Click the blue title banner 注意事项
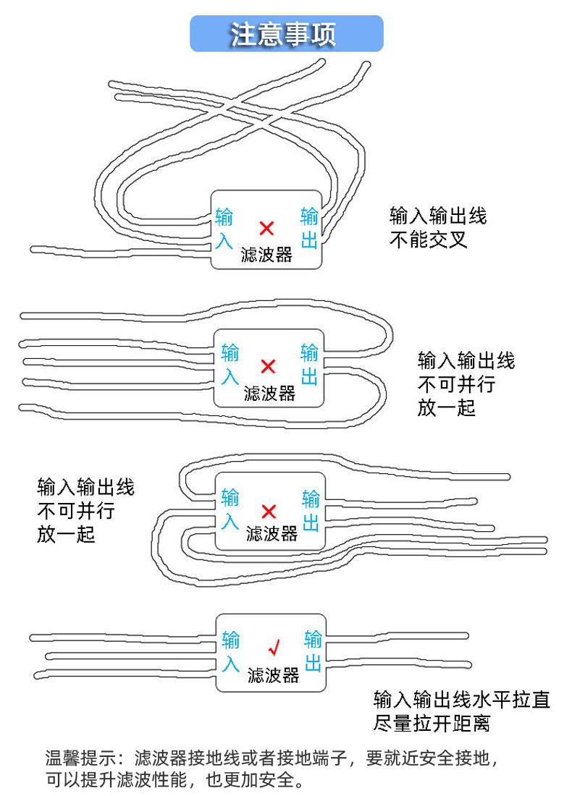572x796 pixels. coord(286,34)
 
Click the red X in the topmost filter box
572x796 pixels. coord(266,229)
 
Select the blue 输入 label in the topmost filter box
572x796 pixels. coord(224,228)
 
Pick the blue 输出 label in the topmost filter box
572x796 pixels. coord(310,228)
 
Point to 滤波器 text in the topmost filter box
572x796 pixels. coord(266,254)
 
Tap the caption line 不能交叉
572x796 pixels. coord(429,240)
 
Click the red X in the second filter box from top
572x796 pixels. coord(268,365)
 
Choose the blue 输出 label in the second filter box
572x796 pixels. coord(310,365)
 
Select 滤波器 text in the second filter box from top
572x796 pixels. coord(269,393)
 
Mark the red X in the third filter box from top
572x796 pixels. coord(269,512)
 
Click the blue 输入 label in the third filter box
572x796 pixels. coord(230,509)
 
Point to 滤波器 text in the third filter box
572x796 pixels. coord(272,534)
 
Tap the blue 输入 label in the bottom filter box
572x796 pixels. coord(231,651)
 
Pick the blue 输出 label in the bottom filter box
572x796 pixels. coord(313,651)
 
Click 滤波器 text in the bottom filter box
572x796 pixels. coord(273,676)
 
